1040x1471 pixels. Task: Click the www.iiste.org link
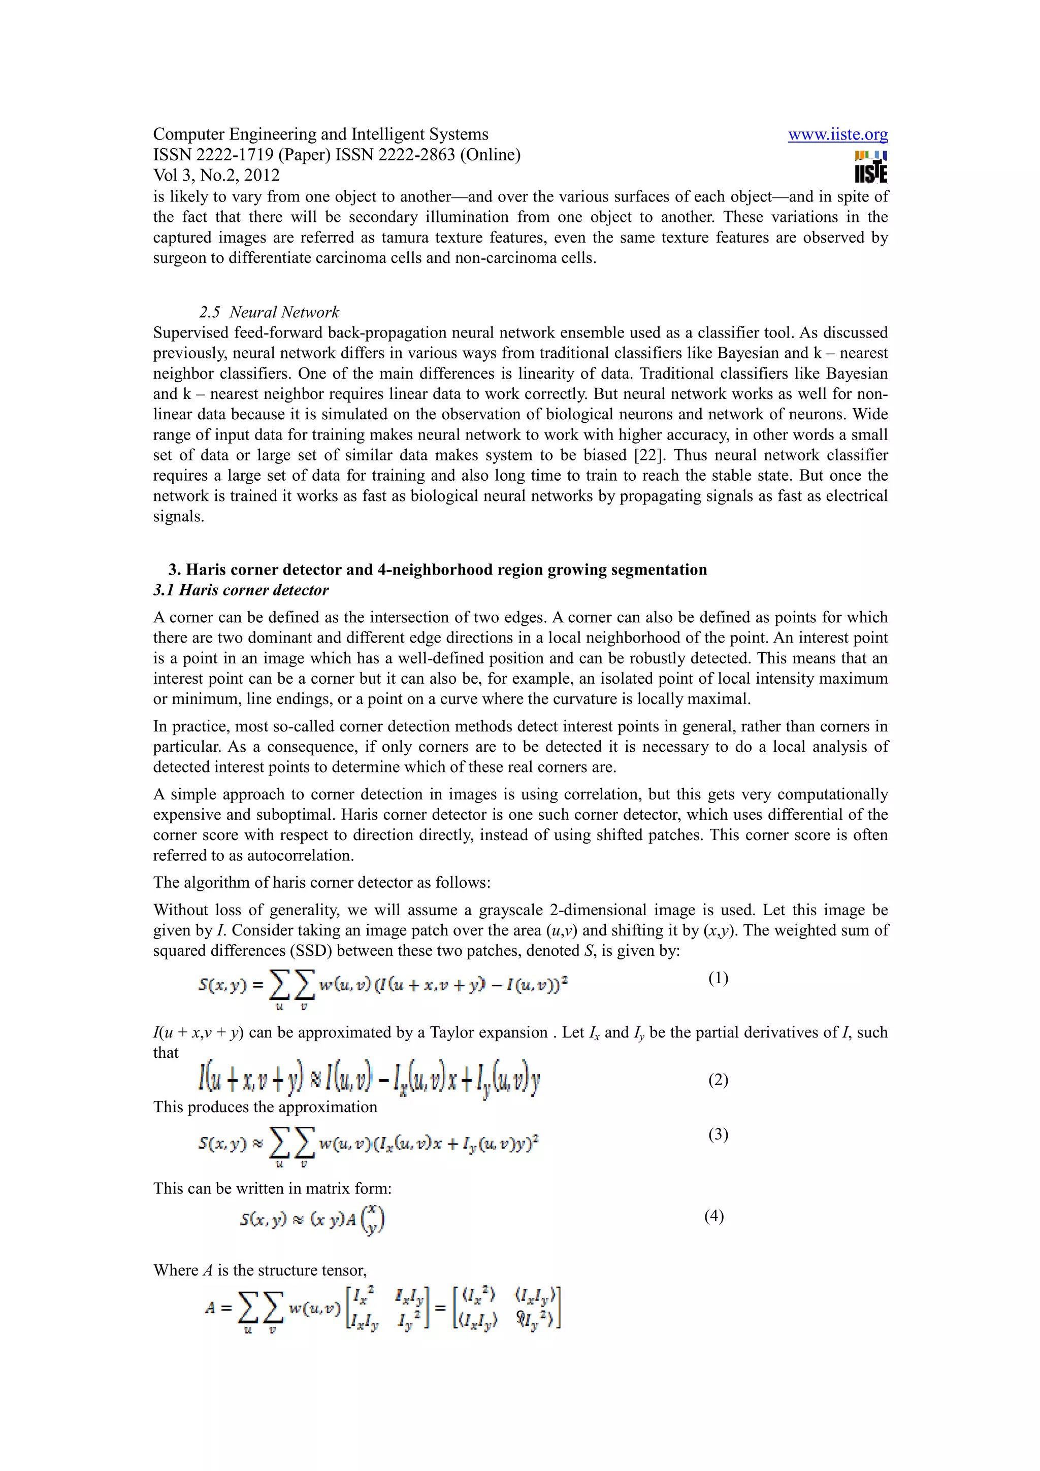tap(837, 135)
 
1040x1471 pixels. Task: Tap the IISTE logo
tap(871, 167)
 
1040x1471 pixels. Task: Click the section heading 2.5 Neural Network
tap(269, 312)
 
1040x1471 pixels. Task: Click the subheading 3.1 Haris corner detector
tap(241, 590)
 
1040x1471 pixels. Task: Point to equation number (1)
tap(718, 978)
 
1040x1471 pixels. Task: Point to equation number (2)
tap(718, 1080)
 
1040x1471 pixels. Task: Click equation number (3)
tap(718, 1134)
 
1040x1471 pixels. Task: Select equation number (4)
tap(714, 1216)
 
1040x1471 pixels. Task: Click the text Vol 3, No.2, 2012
tap(216, 176)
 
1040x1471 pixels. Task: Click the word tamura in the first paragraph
tap(406, 238)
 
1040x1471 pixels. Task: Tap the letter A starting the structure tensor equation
tap(210, 1308)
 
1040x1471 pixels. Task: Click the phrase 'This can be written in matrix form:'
tap(272, 1188)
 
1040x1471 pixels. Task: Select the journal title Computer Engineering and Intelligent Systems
tap(320, 135)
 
